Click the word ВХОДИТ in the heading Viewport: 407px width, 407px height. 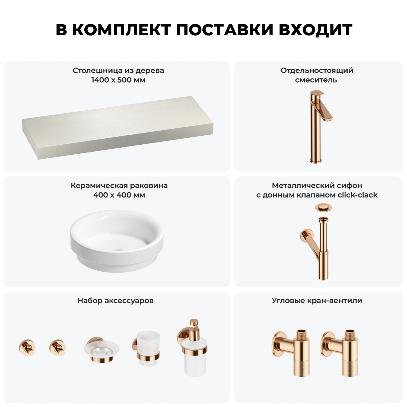click(316, 30)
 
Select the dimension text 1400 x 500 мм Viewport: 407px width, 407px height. click(118, 80)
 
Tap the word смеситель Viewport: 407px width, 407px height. click(316, 80)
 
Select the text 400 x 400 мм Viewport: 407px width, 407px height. click(119, 195)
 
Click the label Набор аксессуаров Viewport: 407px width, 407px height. click(116, 301)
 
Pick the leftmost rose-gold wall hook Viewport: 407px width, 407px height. click(27, 347)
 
